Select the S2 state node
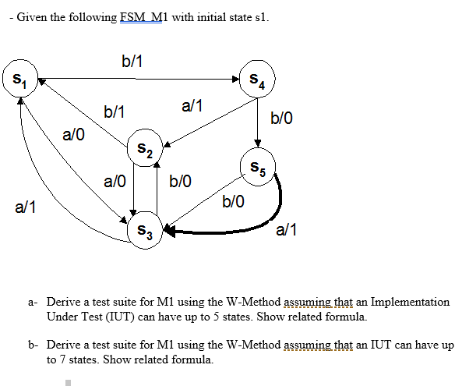tap(146, 147)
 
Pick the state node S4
tap(256, 78)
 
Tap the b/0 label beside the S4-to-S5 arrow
tap(282, 119)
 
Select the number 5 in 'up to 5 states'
tap(234, 317)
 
